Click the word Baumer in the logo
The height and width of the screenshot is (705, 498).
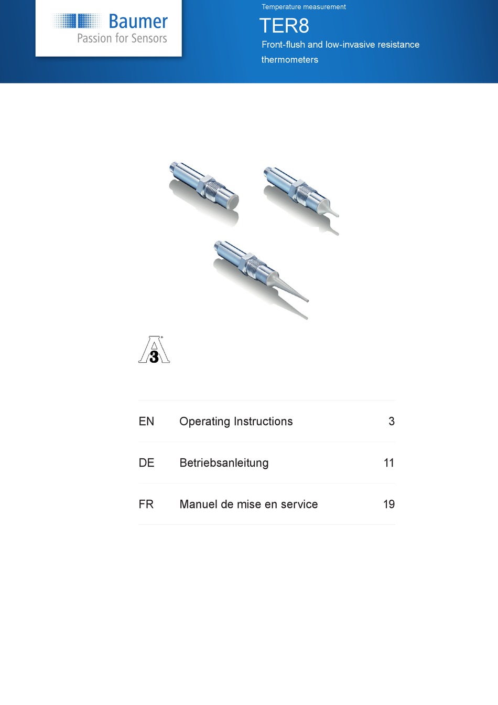tap(138, 22)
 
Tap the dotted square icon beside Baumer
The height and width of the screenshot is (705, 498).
tap(77, 21)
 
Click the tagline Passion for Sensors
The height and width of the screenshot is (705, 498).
tap(122, 38)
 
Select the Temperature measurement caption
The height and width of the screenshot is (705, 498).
tap(304, 7)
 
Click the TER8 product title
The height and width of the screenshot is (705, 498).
tap(284, 26)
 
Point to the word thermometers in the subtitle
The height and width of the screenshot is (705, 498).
tap(289, 60)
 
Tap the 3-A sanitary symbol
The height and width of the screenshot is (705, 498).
tap(154, 350)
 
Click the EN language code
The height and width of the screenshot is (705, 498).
tap(146, 422)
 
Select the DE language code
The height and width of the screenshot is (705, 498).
tap(146, 463)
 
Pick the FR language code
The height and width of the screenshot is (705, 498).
tap(146, 504)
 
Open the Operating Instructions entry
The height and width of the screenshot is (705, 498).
tap(236, 422)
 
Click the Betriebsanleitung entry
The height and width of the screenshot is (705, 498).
tap(224, 463)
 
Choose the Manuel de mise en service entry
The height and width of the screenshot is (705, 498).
tap(248, 504)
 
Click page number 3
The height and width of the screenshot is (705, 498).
tap(391, 422)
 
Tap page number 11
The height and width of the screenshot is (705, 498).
tap(388, 463)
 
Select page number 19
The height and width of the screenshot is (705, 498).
tap(388, 504)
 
